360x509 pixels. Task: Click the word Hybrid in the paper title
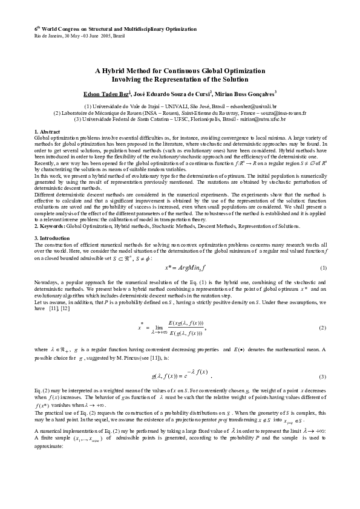tap(121, 70)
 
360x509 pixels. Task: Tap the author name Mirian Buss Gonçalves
tap(249, 93)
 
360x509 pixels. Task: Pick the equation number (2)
tap(323, 327)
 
